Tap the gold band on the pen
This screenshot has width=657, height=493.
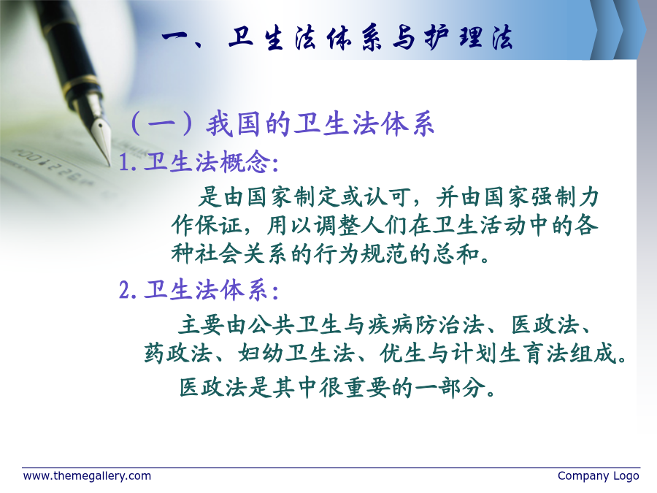80,84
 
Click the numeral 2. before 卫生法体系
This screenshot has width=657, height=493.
127,290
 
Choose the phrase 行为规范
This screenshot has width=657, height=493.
361,253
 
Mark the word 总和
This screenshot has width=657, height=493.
456,253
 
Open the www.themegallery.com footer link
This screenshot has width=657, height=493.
87,476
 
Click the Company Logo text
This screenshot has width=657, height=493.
599,476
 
